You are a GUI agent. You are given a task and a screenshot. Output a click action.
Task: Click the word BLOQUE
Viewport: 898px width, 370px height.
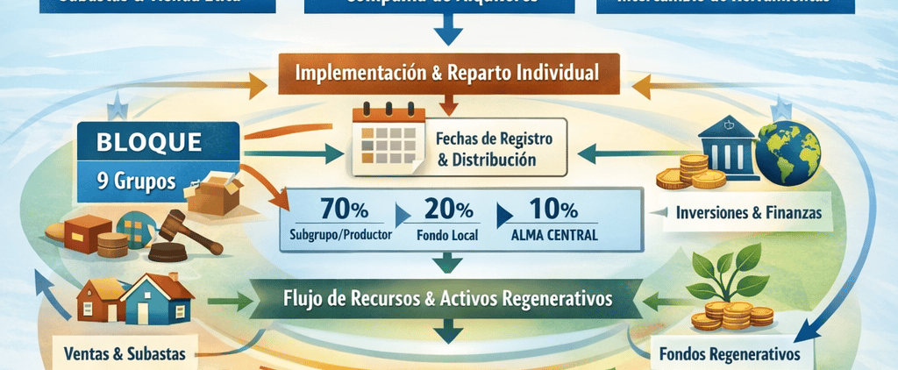pyautogui.click(x=152, y=140)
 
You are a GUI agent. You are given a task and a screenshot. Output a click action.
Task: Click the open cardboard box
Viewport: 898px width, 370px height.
pyautogui.click(x=219, y=193)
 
